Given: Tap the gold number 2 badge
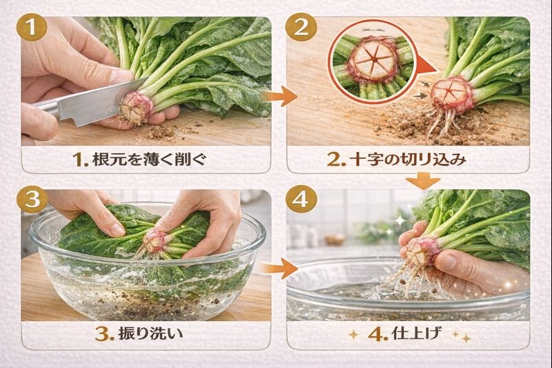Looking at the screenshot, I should tap(301, 29).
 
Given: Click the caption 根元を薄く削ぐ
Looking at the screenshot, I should tap(141, 160).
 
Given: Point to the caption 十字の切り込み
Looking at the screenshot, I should tap(407, 160).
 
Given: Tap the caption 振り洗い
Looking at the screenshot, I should tap(141, 335).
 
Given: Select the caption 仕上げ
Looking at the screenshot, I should tap(407, 336).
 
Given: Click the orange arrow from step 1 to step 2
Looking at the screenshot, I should tap(276, 96).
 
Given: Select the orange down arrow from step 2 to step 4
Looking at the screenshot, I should tap(422, 181).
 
